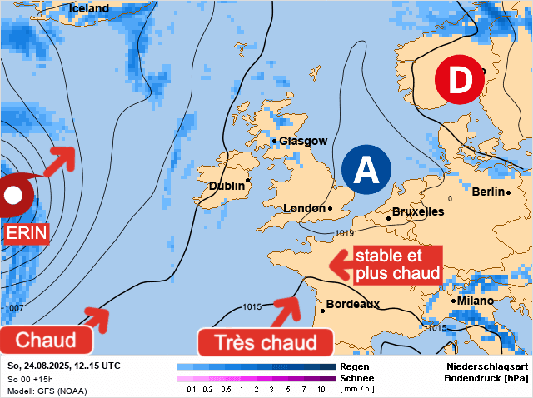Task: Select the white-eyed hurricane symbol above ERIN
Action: coord(14,197)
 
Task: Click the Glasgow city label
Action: coord(303,142)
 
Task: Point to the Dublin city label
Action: coord(227,187)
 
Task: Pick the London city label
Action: coord(304,209)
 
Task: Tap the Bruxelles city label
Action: coord(418,212)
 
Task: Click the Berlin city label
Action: coord(489,192)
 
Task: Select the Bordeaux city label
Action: coord(352,305)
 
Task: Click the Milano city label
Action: coord(475,301)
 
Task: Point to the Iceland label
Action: coord(89,9)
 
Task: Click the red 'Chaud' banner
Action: coord(46,340)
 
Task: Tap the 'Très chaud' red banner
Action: coord(266,342)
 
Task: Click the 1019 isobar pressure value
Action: coord(345,233)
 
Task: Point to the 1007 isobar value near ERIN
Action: coord(14,309)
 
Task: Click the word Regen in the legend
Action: coord(355,366)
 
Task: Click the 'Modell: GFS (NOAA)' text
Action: coord(47,391)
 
